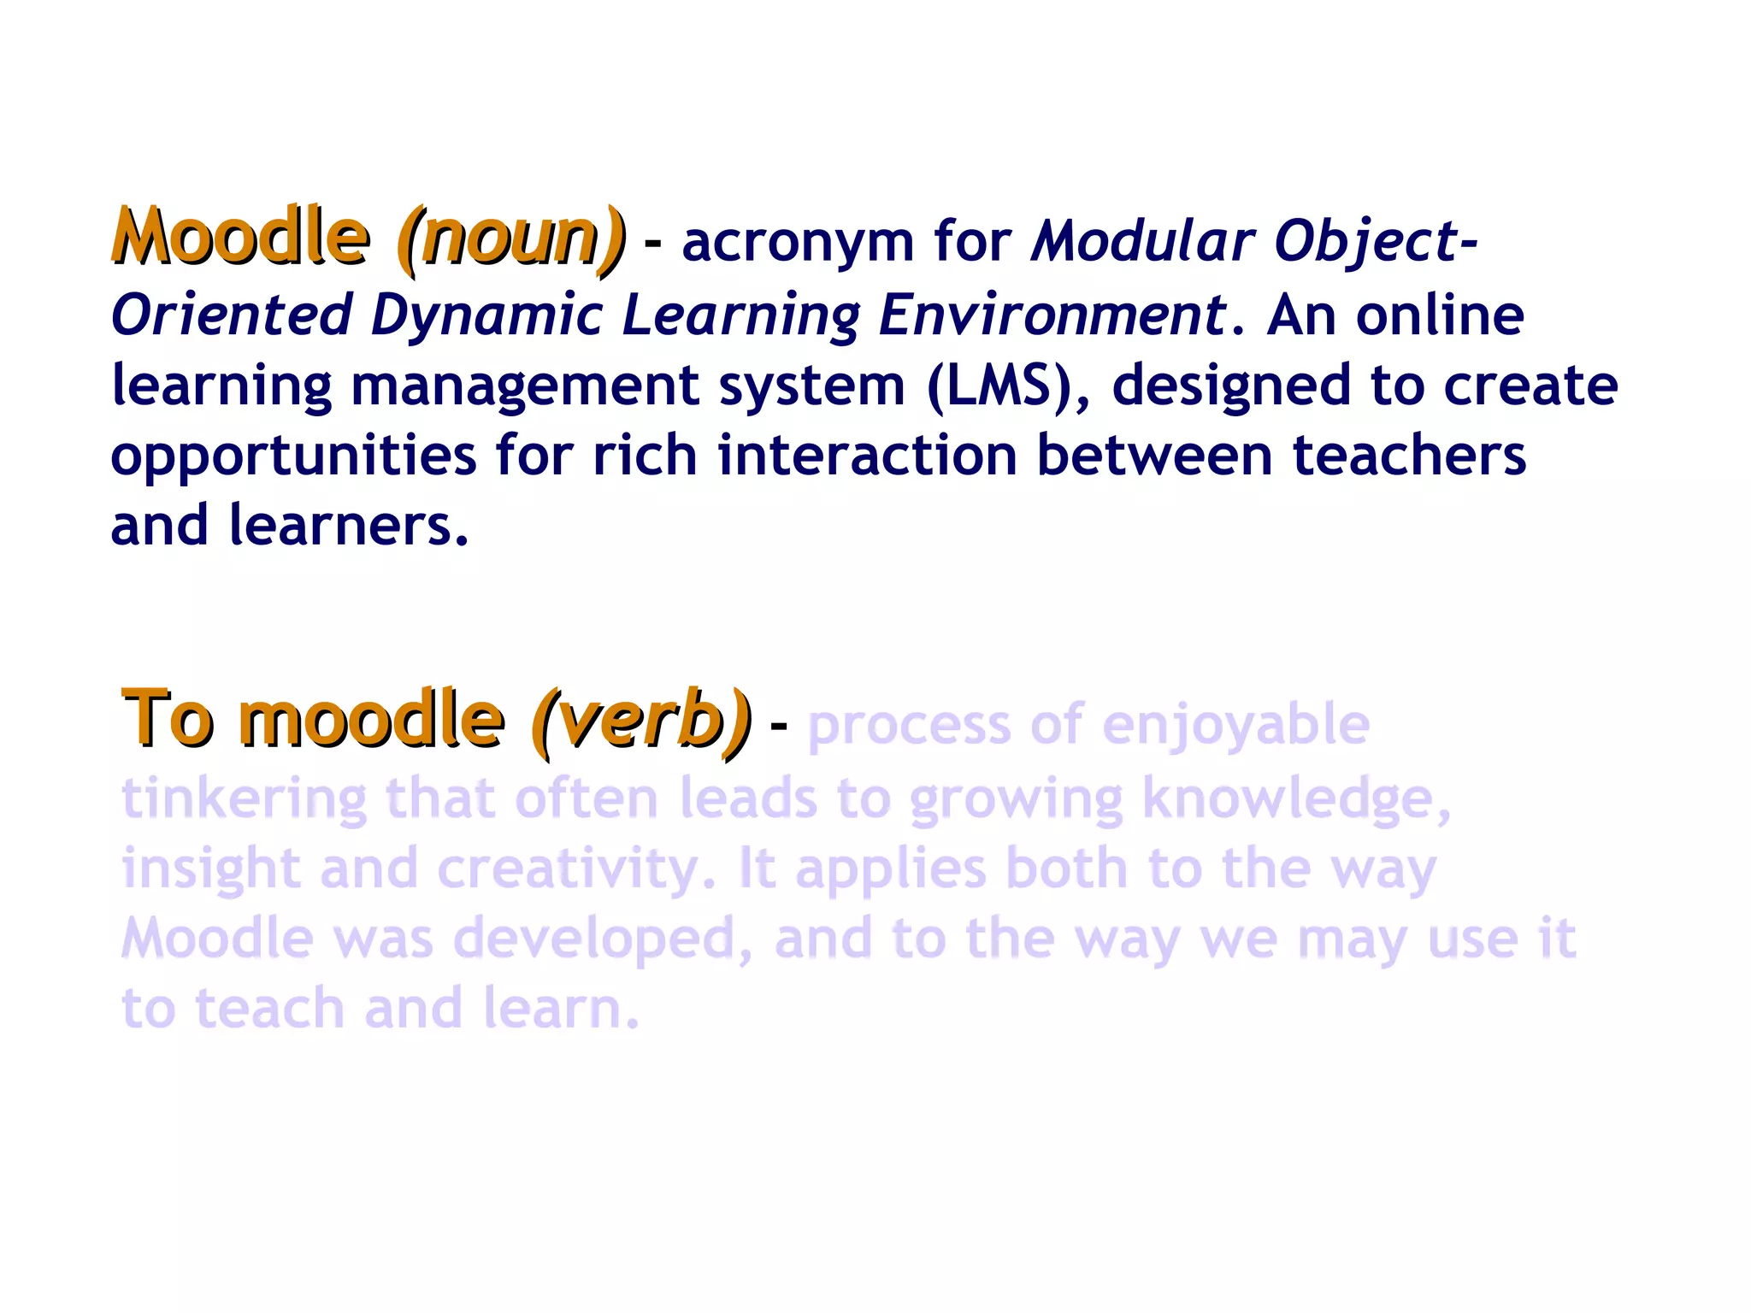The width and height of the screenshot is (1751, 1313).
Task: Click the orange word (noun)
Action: (511, 238)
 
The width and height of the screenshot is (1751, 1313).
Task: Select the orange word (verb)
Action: (641, 720)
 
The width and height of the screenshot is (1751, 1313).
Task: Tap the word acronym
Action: (798, 242)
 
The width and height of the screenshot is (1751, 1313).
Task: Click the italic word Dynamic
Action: (486, 315)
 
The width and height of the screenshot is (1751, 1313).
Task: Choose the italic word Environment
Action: (1052, 315)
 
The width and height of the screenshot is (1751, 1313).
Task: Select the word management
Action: (525, 386)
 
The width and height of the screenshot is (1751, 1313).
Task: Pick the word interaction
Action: (867, 455)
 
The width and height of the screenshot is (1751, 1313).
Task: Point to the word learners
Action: (348, 525)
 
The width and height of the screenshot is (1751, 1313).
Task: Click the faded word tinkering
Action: (244, 799)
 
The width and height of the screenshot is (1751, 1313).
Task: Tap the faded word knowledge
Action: (1295, 799)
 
